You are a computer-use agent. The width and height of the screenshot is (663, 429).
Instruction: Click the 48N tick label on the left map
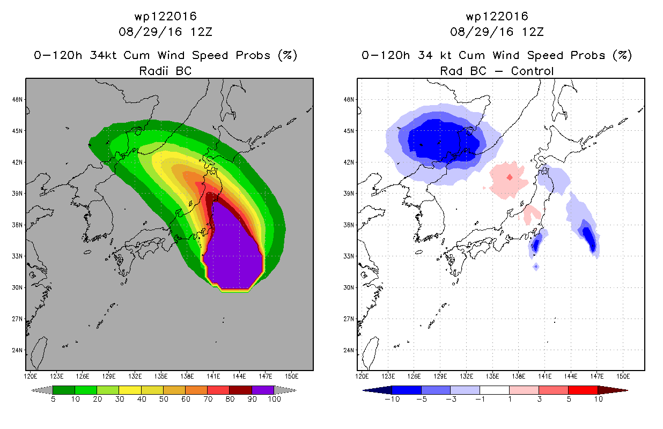pos(17,100)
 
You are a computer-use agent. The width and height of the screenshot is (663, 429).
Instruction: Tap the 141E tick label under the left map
pos(213,376)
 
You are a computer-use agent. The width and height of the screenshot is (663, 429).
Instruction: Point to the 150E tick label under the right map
pos(623,376)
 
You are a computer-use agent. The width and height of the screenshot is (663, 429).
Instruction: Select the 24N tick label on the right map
pos(349,350)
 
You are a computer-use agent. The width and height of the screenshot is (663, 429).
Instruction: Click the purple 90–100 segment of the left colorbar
pos(263,390)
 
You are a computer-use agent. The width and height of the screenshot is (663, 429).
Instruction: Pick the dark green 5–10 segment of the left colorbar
pos(64,390)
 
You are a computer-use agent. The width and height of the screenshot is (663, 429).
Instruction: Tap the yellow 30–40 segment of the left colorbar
pos(130,390)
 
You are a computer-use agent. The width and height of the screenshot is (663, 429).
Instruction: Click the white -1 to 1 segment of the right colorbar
pos(495,390)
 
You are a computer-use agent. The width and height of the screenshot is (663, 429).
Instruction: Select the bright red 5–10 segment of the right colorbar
pos(583,390)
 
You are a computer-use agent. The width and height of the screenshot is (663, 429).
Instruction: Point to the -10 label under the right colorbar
pos(392,400)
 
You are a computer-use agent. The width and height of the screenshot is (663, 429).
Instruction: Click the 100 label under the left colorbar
pos(274,400)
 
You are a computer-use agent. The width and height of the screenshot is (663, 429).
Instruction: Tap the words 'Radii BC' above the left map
pos(165,71)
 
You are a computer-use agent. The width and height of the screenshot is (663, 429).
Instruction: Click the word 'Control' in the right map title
pos(532,71)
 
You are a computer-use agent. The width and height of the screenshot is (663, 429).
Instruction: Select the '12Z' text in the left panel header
pos(201,32)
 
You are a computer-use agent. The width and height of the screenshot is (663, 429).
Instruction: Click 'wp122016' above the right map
pos(497,16)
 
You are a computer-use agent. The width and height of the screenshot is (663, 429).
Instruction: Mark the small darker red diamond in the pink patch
pos(510,177)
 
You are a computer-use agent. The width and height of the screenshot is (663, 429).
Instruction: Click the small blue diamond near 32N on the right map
pos(536,267)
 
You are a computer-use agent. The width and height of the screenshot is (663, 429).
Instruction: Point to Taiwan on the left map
pos(39,353)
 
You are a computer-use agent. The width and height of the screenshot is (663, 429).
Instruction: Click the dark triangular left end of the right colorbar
pos(377,390)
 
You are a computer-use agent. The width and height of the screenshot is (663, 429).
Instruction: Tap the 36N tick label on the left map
pos(17,225)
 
